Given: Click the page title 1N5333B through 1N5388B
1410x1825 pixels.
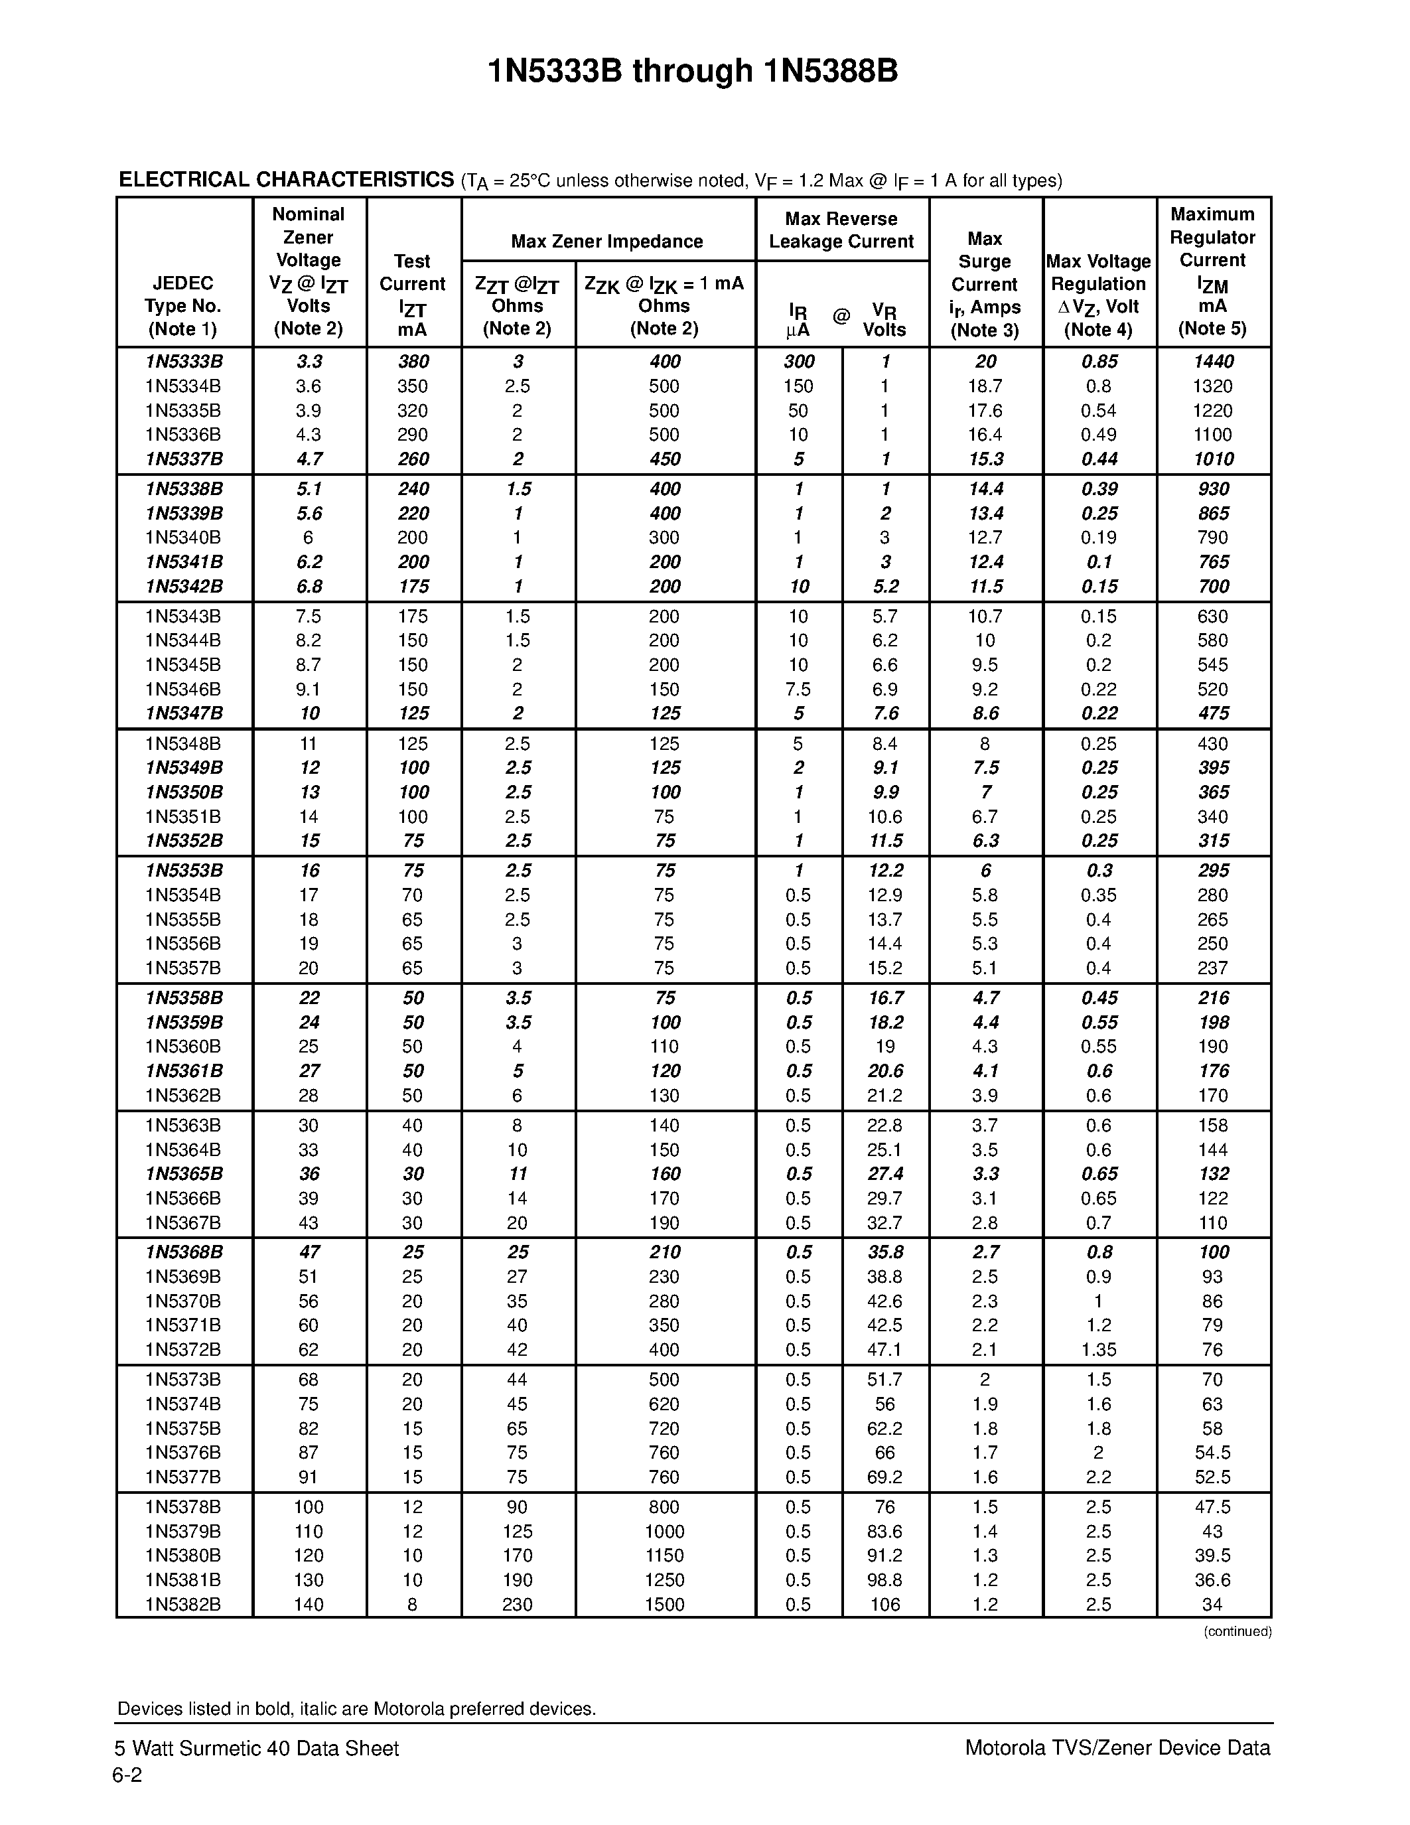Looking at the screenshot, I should tap(693, 72).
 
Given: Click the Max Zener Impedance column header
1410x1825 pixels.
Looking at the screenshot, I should tap(606, 242).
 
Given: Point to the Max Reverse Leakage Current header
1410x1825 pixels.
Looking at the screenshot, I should tap(841, 231).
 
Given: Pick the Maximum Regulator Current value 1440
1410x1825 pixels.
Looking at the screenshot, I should tap(1213, 362).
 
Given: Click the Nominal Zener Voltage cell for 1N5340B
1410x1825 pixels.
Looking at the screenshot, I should tap(309, 538).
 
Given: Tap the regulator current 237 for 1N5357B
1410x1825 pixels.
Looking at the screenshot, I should tap(1213, 968).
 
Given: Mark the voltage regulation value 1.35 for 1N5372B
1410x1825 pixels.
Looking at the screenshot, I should tap(1098, 1350).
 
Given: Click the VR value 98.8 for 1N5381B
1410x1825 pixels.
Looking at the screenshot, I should tap(884, 1579).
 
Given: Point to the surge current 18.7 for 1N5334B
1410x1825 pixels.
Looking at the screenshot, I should tap(985, 386).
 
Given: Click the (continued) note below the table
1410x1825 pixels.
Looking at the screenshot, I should tap(1237, 1631).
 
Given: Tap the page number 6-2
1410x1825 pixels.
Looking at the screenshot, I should tap(127, 1776).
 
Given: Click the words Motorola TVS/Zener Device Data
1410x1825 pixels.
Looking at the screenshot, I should tap(1117, 1748).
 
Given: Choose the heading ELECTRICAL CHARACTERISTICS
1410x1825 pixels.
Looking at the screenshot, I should tap(286, 180).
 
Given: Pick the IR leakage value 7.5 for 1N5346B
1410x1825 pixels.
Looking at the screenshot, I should tap(798, 690).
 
